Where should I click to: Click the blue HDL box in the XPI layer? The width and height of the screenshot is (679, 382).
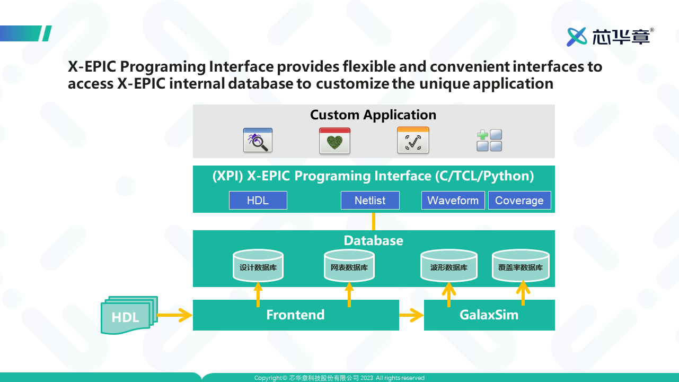(258, 200)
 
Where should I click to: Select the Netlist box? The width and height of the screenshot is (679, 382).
(370, 200)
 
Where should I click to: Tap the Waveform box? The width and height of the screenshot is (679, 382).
(453, 200)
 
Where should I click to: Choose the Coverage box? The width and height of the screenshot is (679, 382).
(519, 200)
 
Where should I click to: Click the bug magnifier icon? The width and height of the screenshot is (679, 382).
(258, 140)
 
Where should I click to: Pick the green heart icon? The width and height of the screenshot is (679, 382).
(334, 141)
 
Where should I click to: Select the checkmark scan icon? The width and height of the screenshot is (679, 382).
(413, 140)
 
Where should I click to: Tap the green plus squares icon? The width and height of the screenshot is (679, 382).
(489, 140)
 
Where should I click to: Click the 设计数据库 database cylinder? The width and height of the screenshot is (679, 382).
(258, 265)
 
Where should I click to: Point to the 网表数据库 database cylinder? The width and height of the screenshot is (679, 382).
(349, 265)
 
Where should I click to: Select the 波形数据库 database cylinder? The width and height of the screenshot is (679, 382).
(449, 265)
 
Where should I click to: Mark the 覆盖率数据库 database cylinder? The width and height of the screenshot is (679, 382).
(521, 265)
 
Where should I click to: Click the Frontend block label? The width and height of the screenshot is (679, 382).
(296, 315)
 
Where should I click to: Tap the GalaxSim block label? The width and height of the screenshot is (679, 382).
(489, 315)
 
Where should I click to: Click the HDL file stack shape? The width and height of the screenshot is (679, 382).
(129, 315)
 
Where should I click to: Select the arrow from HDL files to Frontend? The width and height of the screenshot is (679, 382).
(175, 315)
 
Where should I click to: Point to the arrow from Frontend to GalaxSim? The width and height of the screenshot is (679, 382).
(411, 315)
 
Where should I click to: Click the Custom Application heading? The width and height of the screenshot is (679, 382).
(373, 115)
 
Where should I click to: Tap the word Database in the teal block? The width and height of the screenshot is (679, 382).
(374, 241)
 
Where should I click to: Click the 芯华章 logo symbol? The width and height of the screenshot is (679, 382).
(577, 37)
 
